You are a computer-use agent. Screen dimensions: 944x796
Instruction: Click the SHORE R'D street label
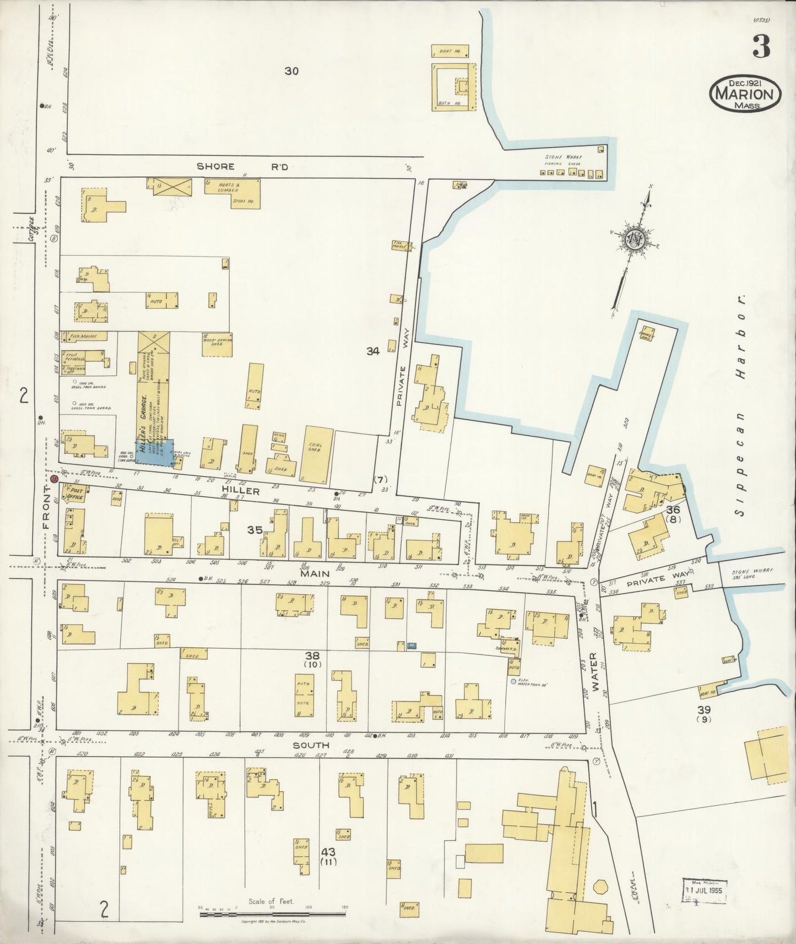click(x=243, y=166)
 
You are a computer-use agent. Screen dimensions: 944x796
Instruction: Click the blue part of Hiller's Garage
click(x=155, y=453)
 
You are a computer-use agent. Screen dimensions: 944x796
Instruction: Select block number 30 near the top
click(x=291, y=70)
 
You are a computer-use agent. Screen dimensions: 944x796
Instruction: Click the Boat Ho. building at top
click(x=450, y=51)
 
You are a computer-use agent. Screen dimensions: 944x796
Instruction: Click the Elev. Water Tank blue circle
click(x=513, y=681)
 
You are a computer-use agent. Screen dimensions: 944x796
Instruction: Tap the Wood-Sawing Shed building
click(x=218, y=344)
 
